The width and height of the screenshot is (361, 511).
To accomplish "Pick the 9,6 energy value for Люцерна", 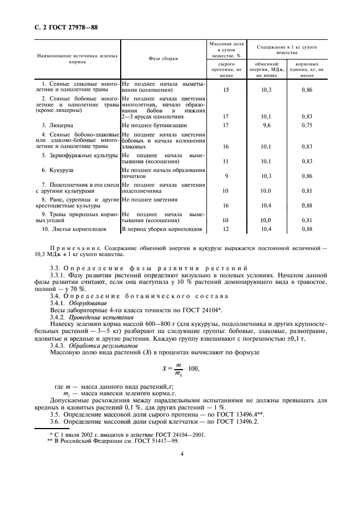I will coord(267,125).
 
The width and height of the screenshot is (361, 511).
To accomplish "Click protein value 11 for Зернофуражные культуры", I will coord(226,162).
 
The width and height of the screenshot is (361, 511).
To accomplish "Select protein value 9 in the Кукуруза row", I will coord(226,176).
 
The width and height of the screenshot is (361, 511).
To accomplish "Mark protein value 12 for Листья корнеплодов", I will coord(226,229).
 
